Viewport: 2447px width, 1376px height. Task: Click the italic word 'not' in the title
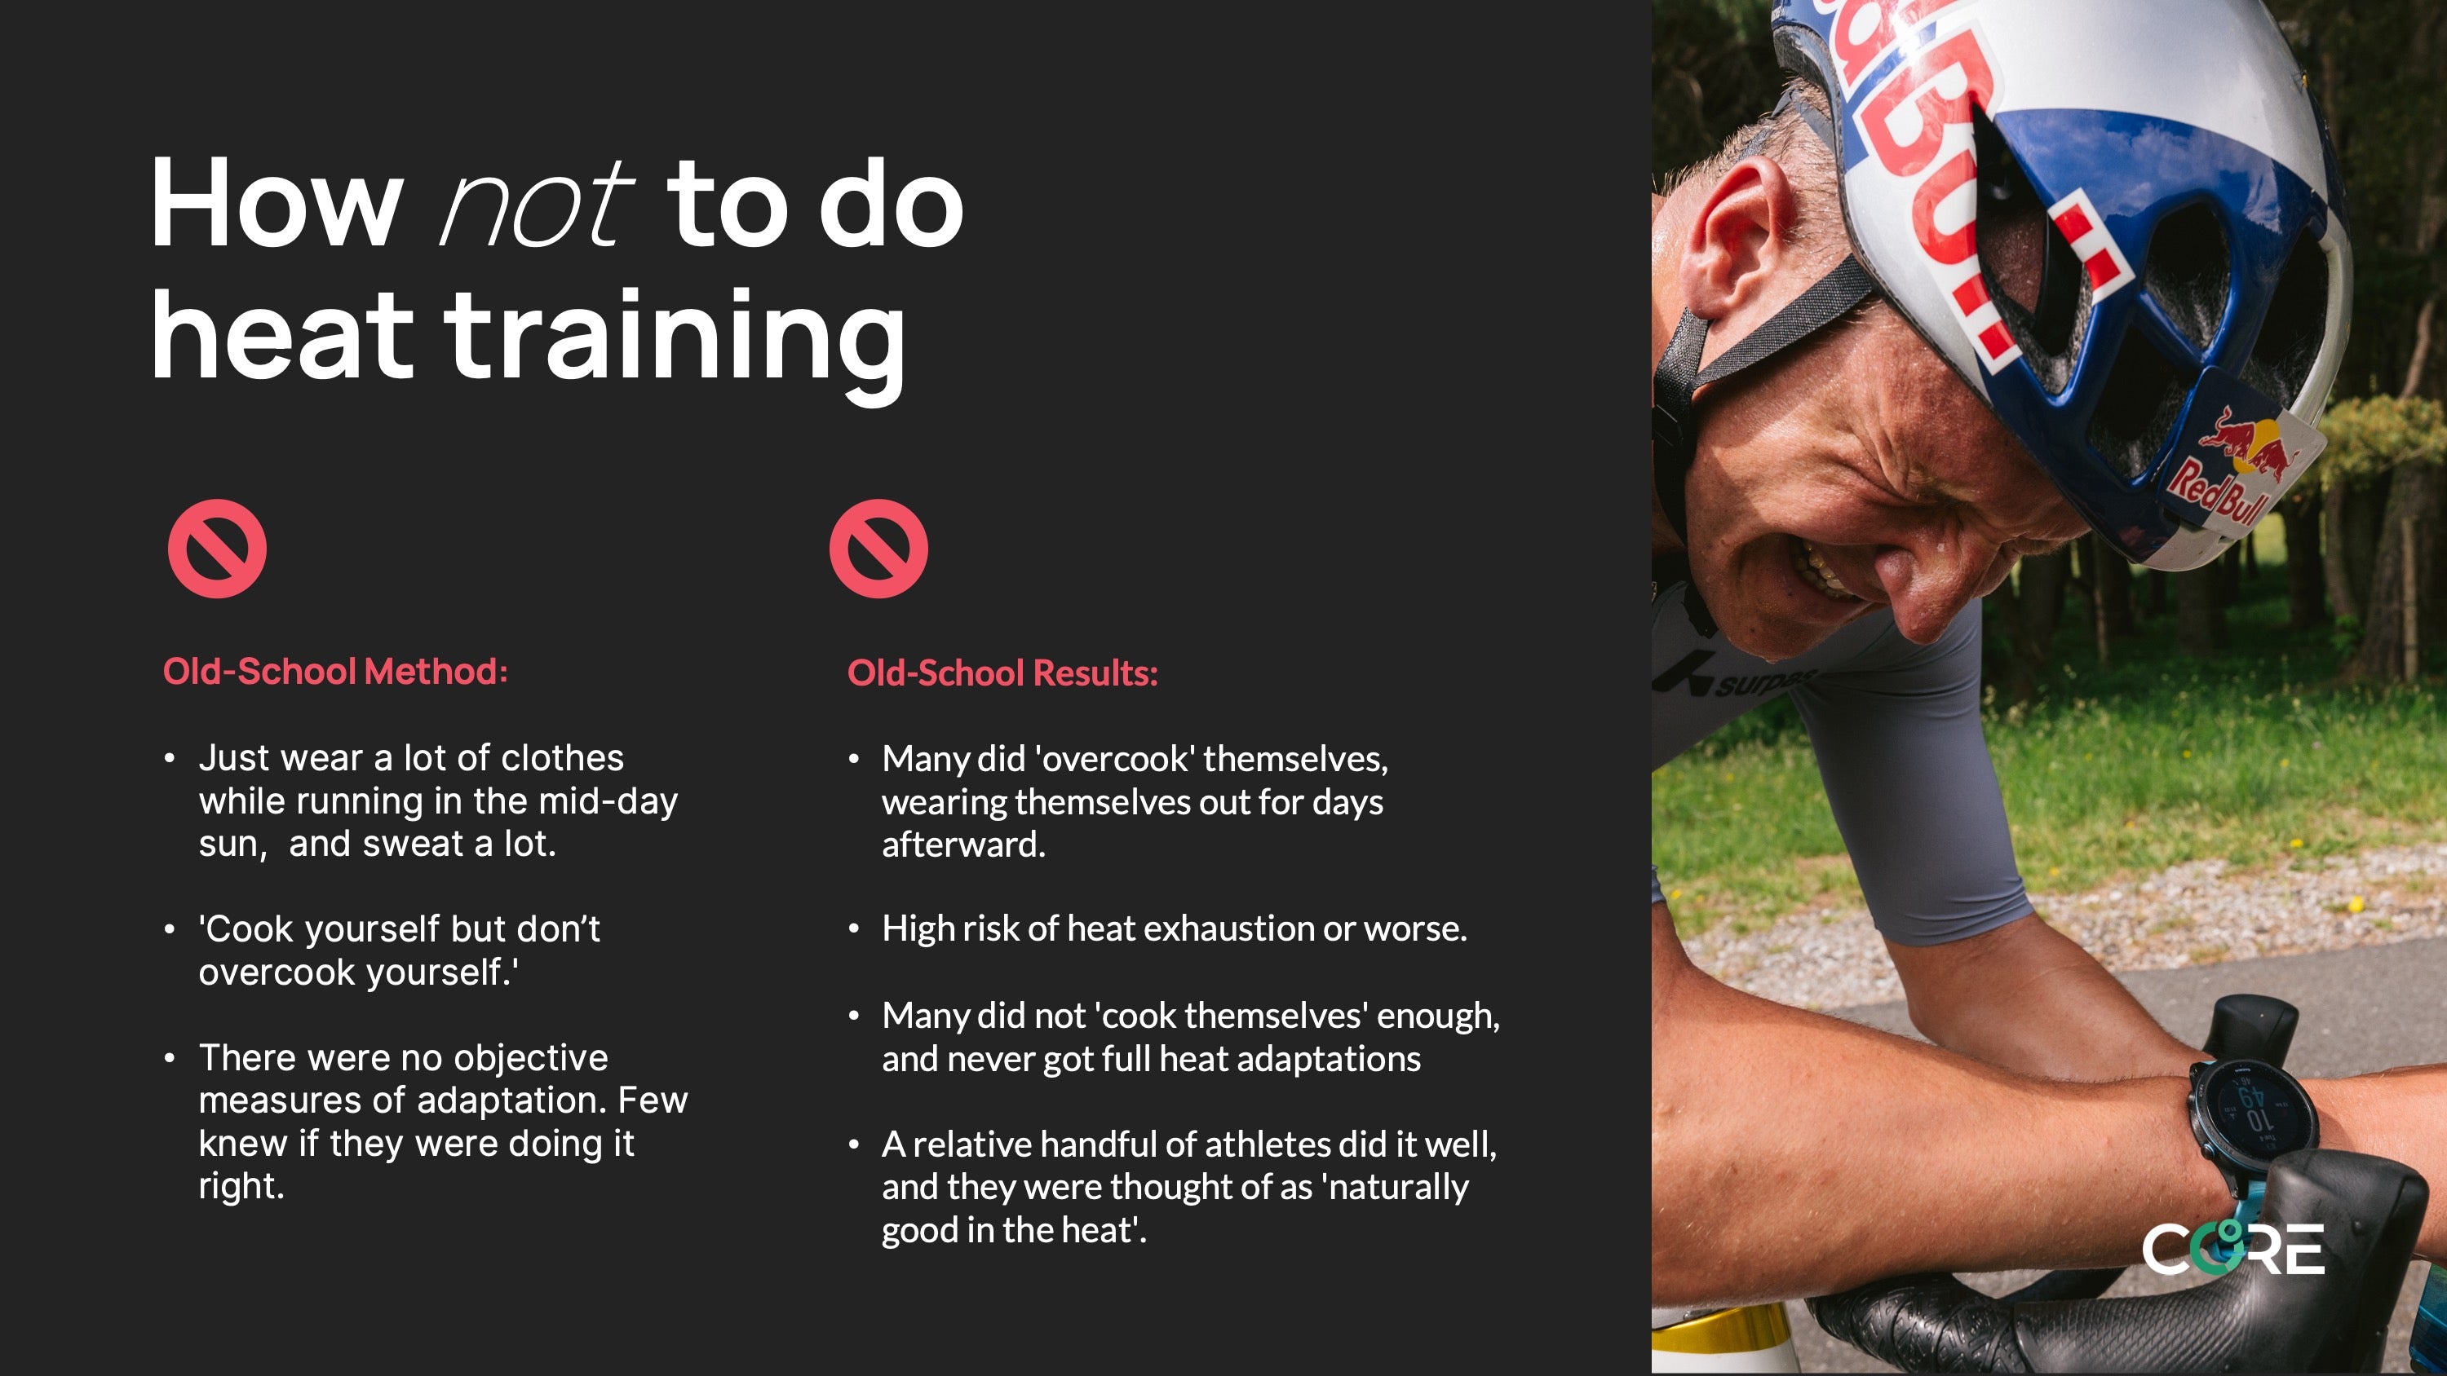pos(536,201)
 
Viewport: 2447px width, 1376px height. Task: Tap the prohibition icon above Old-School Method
pos(218,549)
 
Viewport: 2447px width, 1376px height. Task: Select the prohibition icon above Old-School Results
pos(878,549)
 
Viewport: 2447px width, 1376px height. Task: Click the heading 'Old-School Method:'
pos(335,672)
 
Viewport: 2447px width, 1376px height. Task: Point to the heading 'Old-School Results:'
pos(1002,673)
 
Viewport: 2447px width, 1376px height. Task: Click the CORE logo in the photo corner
pos(2233,1248)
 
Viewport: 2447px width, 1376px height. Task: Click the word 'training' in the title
pos(675,338)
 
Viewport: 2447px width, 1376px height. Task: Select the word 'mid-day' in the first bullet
pos(608,801)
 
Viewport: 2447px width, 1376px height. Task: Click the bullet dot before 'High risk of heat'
pos(854,929)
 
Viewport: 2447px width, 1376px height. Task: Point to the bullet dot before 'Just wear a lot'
pos(169,759)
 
